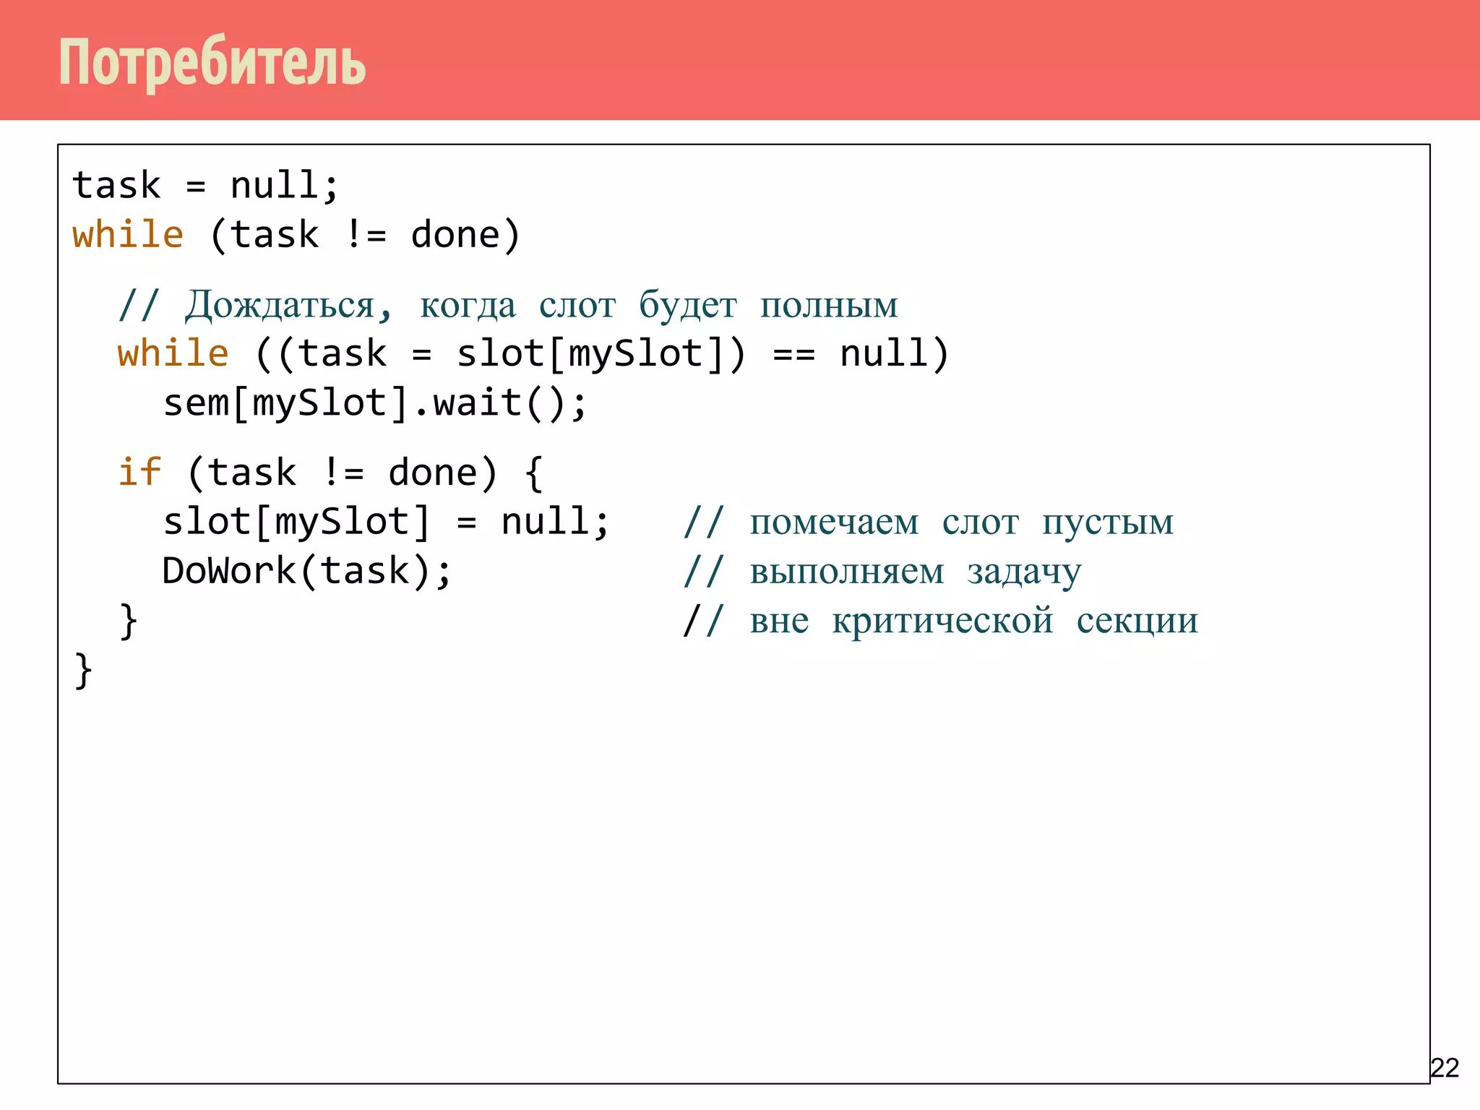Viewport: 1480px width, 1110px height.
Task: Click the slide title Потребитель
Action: point(212,62)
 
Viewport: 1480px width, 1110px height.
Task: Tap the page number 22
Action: point(1445,1067)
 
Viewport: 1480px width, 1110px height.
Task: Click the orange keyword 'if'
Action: point(139,473)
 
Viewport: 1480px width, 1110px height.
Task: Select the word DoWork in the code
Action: point(229,571)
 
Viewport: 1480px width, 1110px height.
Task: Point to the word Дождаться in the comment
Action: point(280,305)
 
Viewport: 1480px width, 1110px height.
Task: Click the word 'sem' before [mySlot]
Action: point(196,403)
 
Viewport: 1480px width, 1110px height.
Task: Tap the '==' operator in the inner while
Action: point(793,354)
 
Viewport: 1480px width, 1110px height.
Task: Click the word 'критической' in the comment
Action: point(942,621)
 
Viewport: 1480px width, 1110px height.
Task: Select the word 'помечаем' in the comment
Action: point(834,522)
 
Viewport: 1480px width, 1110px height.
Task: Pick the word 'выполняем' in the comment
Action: point(846,572)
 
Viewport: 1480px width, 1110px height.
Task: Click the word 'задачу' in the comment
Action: point(1024,572)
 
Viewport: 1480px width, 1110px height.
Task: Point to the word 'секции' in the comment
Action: point(1137,621)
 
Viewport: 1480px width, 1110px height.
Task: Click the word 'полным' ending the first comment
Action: point(829,305)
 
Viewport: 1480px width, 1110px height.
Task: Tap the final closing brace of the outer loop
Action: point(83,671)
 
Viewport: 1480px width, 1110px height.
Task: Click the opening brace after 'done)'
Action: point(533,473)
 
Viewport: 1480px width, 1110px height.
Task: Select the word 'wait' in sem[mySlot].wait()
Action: point(477,403)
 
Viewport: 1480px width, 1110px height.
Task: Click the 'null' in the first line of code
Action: point(275,186)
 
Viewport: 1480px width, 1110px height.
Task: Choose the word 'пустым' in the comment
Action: point(1107,522)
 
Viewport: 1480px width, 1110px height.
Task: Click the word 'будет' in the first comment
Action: point(687,305)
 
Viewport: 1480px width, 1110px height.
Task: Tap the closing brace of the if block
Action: point(129,621)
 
